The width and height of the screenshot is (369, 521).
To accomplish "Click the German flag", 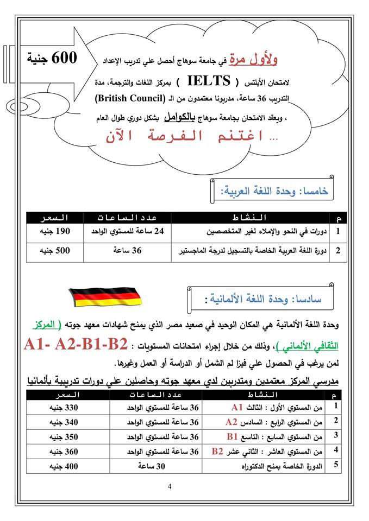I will point(104,296).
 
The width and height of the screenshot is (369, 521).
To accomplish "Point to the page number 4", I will point(170,486).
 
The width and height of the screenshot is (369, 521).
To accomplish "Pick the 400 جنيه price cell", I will point(60,466).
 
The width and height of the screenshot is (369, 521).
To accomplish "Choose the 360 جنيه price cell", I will point(60,451).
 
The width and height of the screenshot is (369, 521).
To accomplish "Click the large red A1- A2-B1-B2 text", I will point(76,345).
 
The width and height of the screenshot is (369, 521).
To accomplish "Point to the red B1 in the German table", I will point(233,436).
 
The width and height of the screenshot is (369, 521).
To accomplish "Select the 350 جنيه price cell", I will point(60,436).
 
